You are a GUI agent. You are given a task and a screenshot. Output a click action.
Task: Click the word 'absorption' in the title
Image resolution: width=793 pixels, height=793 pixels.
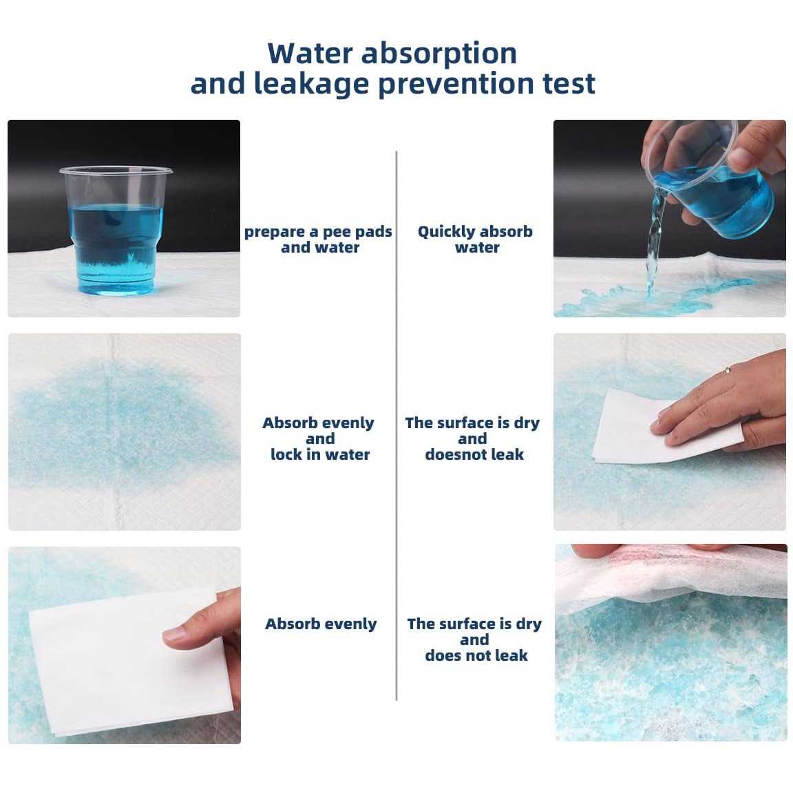(439, 54)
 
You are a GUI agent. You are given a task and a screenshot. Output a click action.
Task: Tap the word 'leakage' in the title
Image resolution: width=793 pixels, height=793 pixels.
(310, 84)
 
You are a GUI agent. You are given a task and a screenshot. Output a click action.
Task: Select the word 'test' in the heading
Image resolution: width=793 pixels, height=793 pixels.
(569, 84)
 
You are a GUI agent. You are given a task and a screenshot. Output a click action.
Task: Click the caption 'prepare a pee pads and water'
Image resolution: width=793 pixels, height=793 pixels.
(318, 240)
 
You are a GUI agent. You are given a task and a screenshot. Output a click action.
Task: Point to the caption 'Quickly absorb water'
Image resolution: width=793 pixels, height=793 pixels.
(476, 240)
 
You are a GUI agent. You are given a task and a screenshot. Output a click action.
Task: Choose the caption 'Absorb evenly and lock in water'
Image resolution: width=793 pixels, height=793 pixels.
(319, 438)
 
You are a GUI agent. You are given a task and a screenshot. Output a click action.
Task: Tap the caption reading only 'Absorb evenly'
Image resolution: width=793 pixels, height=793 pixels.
(321, 624)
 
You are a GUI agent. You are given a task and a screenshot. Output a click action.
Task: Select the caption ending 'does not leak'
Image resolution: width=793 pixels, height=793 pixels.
(474, 639)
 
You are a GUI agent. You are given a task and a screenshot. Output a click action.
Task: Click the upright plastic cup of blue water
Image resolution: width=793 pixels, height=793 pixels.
(116, 230)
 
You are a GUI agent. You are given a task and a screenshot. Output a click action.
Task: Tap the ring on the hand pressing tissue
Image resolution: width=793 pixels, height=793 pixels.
(727, 370)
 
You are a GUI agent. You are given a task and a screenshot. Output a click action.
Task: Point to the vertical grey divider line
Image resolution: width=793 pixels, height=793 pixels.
(396, 425)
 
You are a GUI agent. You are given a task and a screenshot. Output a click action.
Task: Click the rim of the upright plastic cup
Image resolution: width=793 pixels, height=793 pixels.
(116, 171)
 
